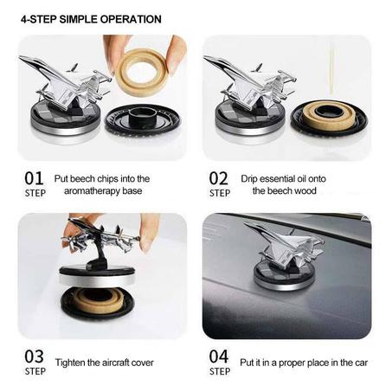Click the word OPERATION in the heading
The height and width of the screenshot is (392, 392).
click(131, 19)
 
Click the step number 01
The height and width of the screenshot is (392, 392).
click(34, 178)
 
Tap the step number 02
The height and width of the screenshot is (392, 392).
click(218, 178)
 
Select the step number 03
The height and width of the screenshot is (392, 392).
click(34, 357)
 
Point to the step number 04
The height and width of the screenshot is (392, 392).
click(219, 357)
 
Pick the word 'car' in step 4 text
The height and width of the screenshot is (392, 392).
click(362, 363)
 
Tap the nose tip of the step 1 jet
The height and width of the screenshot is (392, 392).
click(20, 57)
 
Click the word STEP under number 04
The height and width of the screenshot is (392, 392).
click(220, 371)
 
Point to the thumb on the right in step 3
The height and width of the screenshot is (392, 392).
click(150, 232)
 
